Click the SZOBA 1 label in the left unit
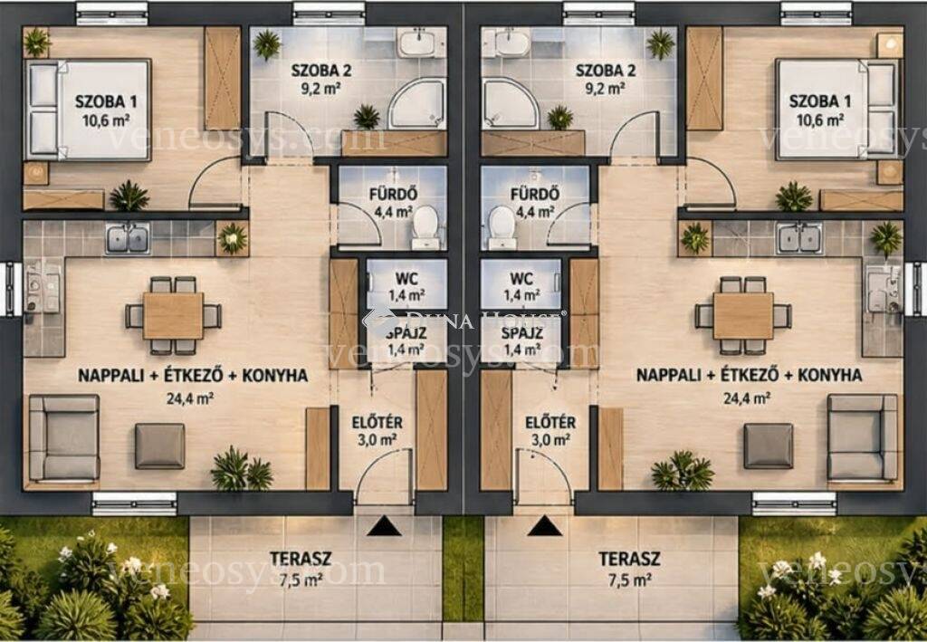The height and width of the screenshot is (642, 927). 106,101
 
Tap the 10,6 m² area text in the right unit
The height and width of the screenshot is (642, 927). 820,120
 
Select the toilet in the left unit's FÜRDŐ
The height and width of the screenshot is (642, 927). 425,227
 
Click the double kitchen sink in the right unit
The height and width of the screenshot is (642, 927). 798,238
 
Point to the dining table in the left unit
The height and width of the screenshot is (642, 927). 173,316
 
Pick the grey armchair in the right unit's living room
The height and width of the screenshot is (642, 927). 863,436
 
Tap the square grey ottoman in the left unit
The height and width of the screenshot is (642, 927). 159,446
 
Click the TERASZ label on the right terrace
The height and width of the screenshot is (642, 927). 629,559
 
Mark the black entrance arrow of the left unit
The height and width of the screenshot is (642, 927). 384,525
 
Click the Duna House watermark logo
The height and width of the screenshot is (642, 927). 464,320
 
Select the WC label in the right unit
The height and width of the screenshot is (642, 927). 521,278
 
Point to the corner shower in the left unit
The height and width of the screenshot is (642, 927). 417,104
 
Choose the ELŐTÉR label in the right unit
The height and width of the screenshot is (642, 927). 550,422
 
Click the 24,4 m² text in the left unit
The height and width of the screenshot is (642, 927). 190,398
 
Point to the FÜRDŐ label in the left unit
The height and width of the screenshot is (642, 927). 393,193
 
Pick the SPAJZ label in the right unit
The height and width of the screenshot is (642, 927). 522,332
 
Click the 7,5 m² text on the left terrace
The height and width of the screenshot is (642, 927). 301,580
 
